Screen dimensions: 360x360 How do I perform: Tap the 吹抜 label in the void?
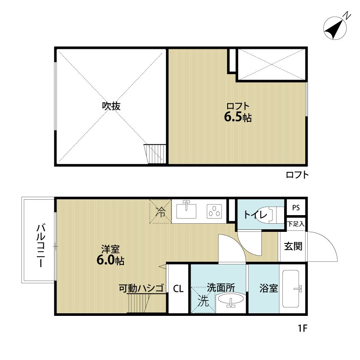(x=111, y=106)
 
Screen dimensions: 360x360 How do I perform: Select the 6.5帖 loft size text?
(x=238, y=117)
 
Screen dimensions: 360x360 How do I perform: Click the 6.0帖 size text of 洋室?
(x=110, y=260)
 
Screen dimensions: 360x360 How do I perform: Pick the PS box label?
(x=296, y=208)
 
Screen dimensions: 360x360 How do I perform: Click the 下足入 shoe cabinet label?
(x=296, y=224)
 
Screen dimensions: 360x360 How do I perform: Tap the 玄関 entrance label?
(x=293, y=246)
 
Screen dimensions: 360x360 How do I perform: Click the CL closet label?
(x=178, y=288)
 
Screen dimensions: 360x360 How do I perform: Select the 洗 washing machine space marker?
(x=203, y=301)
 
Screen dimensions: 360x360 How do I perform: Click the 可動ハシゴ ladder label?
(x=142, y=288)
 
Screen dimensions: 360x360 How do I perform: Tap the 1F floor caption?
(x=303, y=329)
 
